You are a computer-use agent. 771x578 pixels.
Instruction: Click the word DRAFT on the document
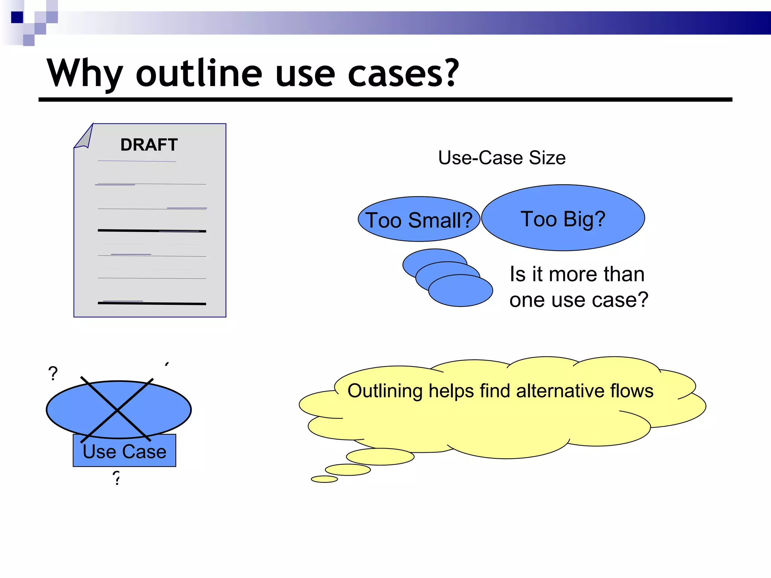pos(149,145)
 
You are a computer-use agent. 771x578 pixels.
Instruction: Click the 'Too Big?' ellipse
pos(563,218)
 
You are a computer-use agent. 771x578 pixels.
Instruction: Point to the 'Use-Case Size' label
pos(501,158)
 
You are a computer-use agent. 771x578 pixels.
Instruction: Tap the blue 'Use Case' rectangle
pos(124,452)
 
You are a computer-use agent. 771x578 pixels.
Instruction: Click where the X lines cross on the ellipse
pos(118,410)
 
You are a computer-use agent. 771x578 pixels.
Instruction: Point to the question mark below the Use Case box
pos(117,478)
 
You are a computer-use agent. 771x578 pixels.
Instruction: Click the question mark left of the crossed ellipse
pos(53,374)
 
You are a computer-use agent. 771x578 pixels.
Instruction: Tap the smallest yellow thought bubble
pos(324,479)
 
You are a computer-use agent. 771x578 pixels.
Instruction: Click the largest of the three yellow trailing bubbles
pos(380,457)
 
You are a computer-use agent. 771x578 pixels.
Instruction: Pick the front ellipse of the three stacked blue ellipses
pos(460,291)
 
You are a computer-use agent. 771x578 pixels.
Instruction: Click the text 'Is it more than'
pos(577,274)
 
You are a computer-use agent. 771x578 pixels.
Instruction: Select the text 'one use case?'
pos(579,300)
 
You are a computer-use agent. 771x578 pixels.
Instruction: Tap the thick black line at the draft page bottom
pos(152,303)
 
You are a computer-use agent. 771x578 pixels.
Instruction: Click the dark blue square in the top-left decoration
pos(17,17)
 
